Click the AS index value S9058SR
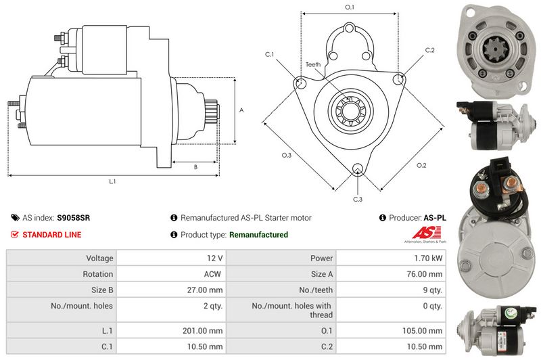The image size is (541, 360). pyautogui.click(x=74, y=218)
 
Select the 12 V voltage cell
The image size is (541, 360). pyautogui.click(x=215, y=258)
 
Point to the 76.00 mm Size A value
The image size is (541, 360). pyautogui.click(x=425, y=274)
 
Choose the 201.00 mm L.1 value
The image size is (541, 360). pyautogui.click(x=207, y=331)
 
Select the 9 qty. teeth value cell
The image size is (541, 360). pyautogui.click(x=432, y=290)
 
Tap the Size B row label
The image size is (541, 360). pyautogui.click(x=99, y=290)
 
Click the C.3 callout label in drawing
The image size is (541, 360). pyautogui.click(x=358, y=199)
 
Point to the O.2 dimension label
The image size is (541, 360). pyautogui.click(x=421, y=165)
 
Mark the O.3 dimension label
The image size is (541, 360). pyautogui.click(x=286, y=156)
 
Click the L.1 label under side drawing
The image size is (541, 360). pyautogui.click(x=113, y=181)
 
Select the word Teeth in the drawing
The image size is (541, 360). pyautogui.click(x=312, y=64)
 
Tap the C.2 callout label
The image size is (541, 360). pyautogui.click(x=429, y=50)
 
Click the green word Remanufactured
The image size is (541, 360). pyautogui.click(x=258, y=235)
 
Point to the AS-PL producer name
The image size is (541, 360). pyautogui.click(x=435, y=218)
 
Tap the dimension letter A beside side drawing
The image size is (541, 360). pyautogui.click(x=242, y=110)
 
